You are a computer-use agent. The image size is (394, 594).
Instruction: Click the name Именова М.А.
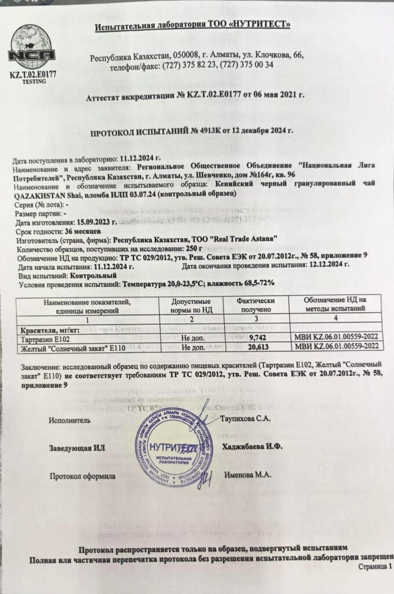click(x=247, y=475)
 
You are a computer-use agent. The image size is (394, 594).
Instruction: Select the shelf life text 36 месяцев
click(x=83, y=230)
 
